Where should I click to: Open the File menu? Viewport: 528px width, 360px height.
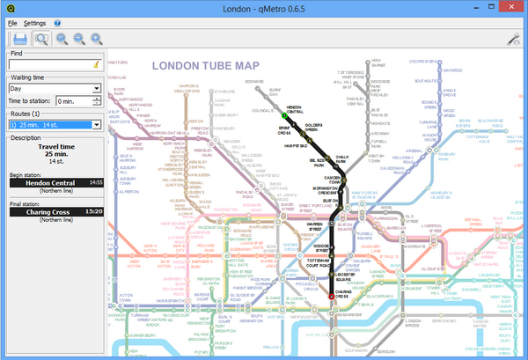(x=13, y=22)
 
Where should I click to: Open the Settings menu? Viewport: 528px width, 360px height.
(x=35, y=22)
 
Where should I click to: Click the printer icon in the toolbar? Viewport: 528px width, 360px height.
(x=18, y=39)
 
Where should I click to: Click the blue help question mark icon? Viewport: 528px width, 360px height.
(x=57, y=22)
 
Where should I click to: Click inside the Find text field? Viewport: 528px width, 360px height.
(x=48, y=64)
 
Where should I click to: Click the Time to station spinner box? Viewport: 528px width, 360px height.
(x=77, y=101)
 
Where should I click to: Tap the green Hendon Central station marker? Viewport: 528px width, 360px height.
(x=283, y=115)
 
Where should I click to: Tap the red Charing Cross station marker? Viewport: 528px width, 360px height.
(x=332, y=297)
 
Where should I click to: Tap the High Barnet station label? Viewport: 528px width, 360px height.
(x=379, y=62)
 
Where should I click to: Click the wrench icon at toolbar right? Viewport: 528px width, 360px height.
(x=514, y=40)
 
